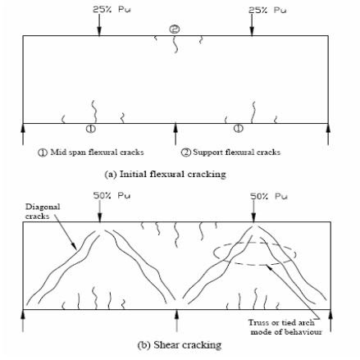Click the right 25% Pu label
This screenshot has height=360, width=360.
(262, 10)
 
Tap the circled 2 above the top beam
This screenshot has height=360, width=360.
(174, 29)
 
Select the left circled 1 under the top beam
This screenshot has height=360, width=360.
(90, 129)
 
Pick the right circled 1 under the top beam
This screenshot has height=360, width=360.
(238, 129)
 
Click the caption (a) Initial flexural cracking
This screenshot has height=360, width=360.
(176, 174)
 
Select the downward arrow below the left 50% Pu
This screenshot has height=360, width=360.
(99, 212)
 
